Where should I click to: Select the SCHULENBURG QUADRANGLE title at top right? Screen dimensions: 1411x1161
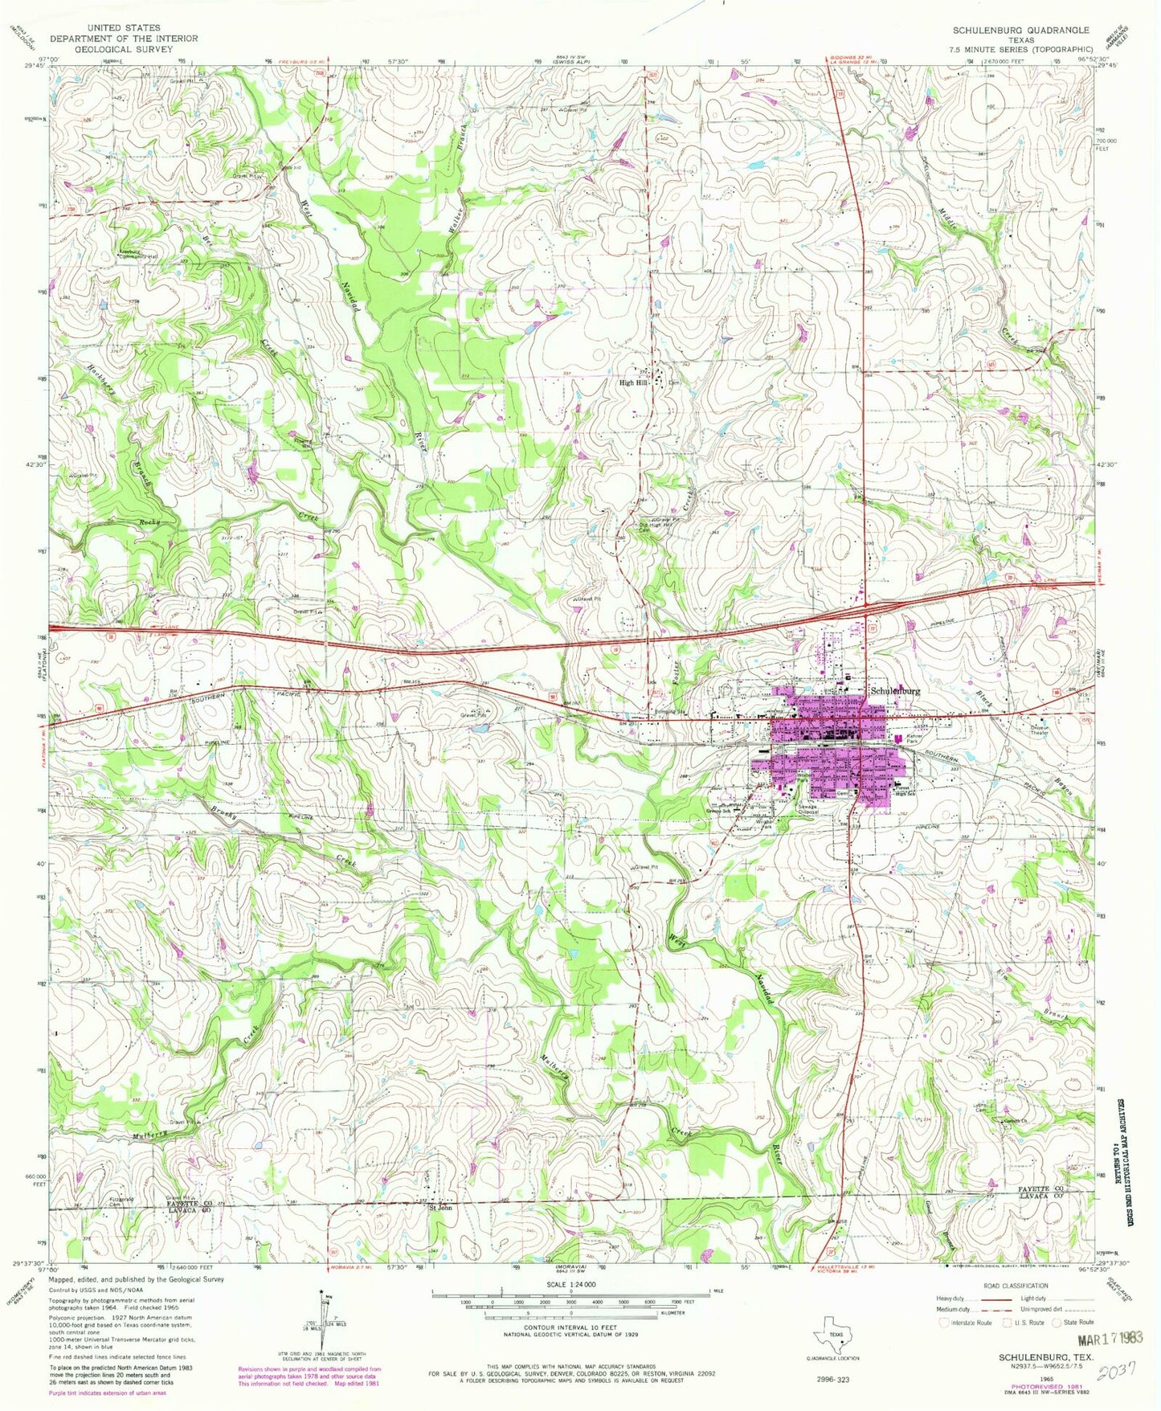click(1020, 30)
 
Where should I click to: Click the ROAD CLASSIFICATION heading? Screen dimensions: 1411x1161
click(1015, 1286)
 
